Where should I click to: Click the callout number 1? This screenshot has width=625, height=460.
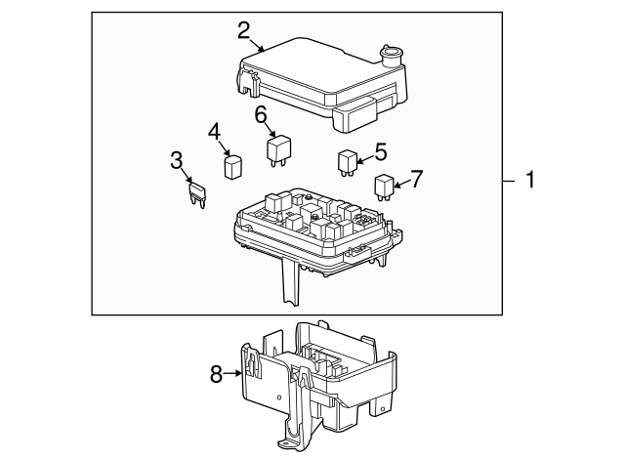530,180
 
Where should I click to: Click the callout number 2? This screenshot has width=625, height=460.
244,29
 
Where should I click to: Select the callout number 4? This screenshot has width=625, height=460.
214,132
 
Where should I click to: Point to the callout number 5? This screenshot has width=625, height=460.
380,151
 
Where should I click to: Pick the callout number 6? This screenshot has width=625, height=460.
262,115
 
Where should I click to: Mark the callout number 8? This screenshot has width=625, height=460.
218,372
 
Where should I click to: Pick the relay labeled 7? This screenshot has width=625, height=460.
384,184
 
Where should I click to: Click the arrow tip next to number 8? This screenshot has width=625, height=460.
242,372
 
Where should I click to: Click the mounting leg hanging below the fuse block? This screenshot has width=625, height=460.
290,286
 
